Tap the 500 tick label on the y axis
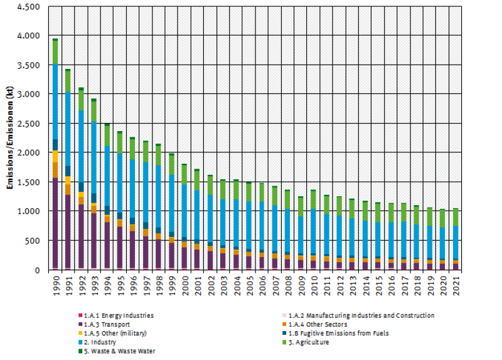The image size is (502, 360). click(33, 241)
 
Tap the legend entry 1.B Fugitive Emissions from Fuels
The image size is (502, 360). click(341, 333)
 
